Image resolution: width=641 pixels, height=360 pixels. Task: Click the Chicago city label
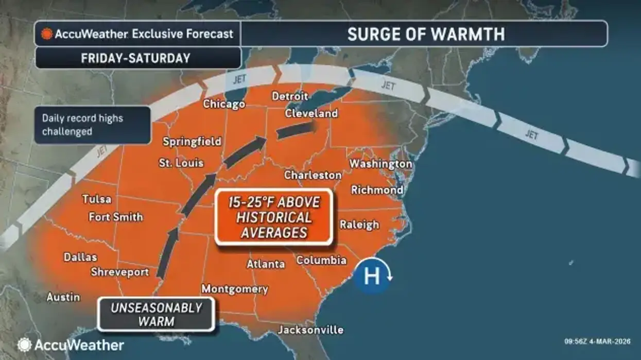(x=223, y=104)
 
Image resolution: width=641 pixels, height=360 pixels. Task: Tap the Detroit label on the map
(x=289, y=96)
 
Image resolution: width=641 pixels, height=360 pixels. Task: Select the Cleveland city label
(x=311, y=113)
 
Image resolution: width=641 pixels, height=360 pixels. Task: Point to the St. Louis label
(x=181, y=163)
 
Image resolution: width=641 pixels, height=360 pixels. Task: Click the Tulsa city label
(x=97, y=199)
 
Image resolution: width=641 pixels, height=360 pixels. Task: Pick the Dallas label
(x=80, y=257)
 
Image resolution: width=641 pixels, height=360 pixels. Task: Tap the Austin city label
(x=63, y=297)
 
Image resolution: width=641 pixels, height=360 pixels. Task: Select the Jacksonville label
(x=310, y=330)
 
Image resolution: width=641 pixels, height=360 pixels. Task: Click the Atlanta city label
(x=266, y=264)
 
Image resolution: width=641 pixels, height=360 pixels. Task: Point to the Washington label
(x=381, y=164)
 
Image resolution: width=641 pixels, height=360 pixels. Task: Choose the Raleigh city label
(x=359, y=225)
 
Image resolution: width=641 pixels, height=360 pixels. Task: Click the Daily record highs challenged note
(x=93, y=125)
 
